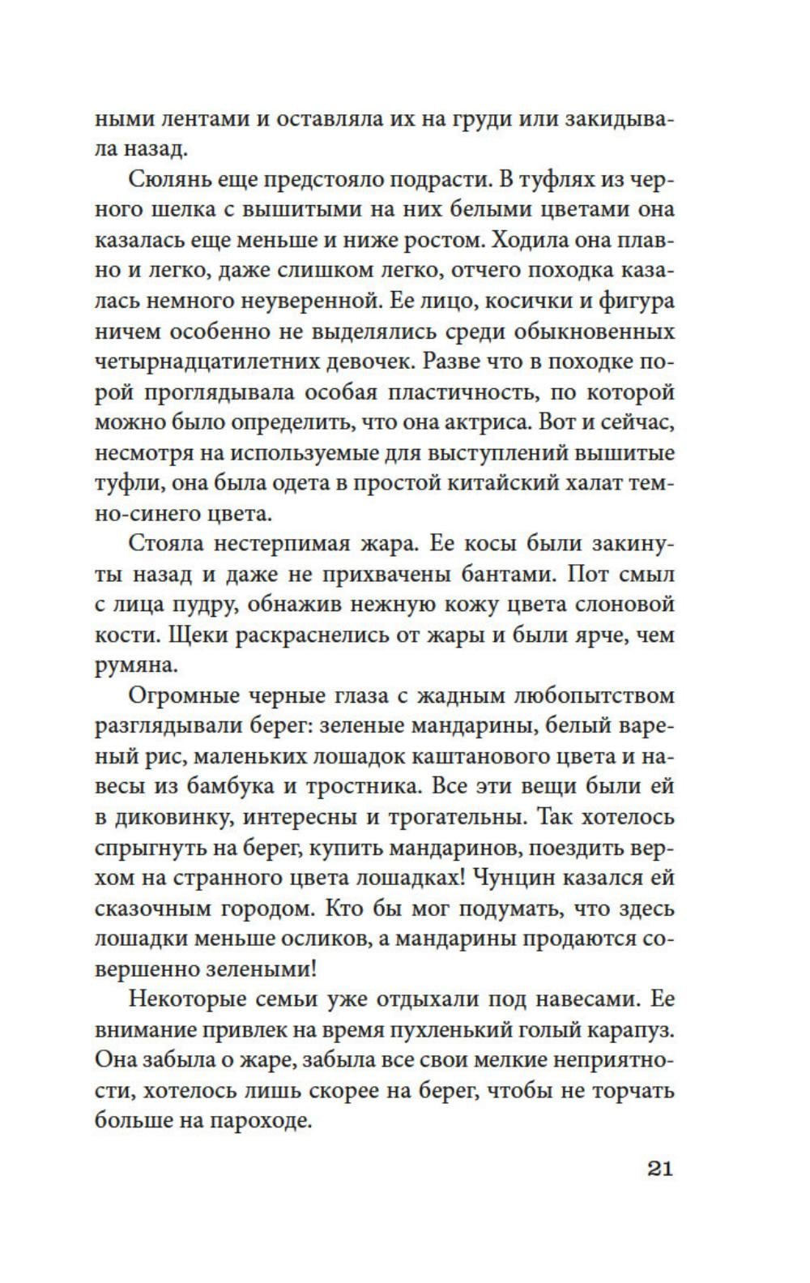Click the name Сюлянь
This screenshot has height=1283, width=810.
click(x=168, y=180)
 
